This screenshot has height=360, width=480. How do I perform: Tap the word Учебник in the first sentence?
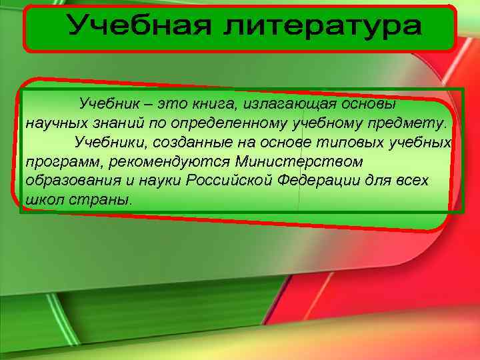(x=108, y=104)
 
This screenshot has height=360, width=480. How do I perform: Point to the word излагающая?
(x=292, y=105)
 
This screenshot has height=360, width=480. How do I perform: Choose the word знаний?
(x=117, y=123)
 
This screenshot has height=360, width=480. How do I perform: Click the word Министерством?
(x=300, y=161)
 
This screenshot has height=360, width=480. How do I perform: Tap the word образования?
(x=67, y=181)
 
